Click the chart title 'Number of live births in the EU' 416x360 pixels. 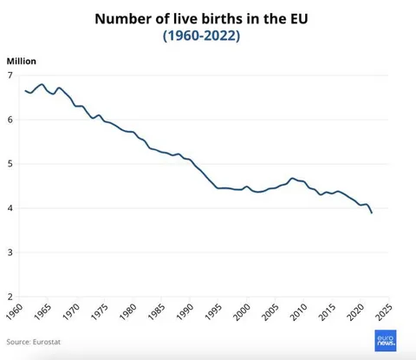point(207,18)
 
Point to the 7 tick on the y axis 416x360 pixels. point(10,75)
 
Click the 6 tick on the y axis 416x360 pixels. point(10,120)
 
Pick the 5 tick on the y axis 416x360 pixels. point(10,164)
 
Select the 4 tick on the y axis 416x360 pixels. point(10,208)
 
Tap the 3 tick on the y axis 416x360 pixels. point(10,252)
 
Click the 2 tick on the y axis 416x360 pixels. point(10,297)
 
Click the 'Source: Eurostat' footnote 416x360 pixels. point(36,343)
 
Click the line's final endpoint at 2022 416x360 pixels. point(373,213)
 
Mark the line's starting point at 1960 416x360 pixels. point(26,90)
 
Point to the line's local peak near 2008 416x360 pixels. point(293,178)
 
